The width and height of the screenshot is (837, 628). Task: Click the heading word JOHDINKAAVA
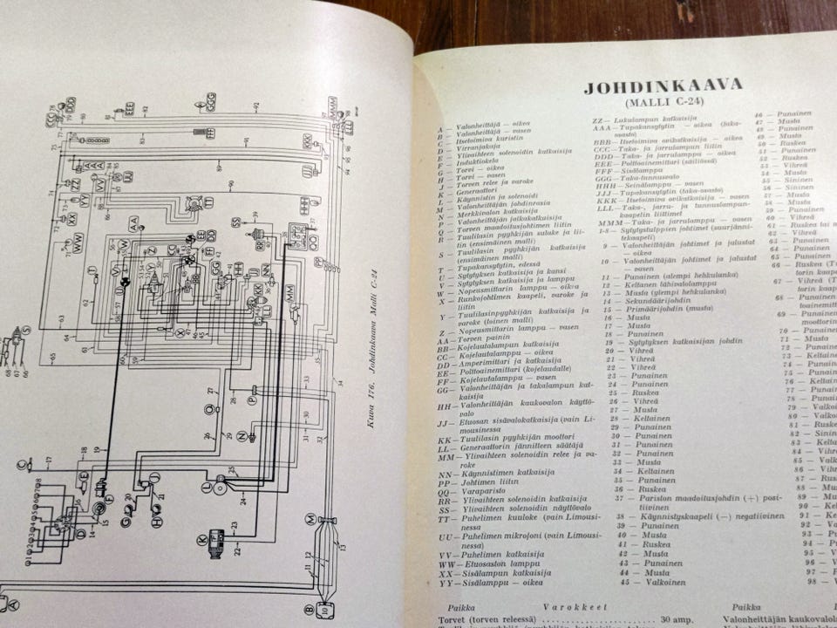point(663,85)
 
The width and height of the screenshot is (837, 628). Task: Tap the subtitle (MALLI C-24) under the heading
point(662,105)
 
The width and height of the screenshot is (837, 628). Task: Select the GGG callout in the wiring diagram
point(212,102)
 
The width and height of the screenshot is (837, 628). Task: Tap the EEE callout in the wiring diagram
point(128,110)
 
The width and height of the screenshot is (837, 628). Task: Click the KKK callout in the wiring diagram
point(308,140)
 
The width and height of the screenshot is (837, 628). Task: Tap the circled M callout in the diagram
point(310,519)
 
